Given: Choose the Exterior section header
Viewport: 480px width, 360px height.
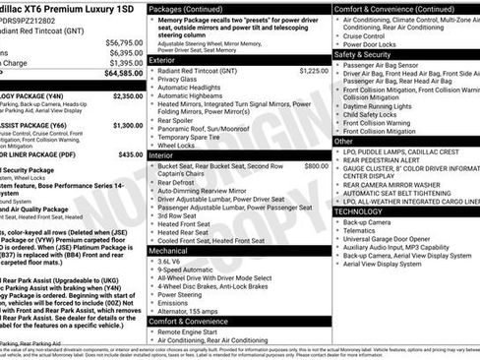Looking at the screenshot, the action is [162, 59].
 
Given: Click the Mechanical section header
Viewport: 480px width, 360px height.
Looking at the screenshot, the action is [168, 251].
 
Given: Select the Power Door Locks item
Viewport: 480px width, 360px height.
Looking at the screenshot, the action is [370, 44].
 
